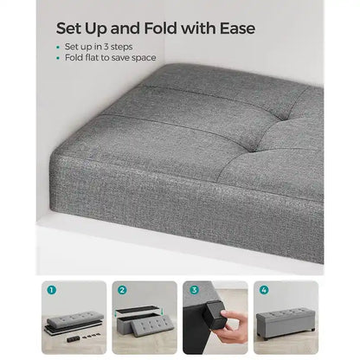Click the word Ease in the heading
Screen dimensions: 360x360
pos(237,29)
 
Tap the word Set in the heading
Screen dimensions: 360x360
pos(68,29)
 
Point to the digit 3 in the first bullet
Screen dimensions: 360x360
pos(106,47)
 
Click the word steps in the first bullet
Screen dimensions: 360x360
pos(121,48)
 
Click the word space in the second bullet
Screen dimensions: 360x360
pos(144,58)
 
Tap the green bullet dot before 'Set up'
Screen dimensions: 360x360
pos(58,48)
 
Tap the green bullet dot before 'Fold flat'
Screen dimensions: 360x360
pos(58,58)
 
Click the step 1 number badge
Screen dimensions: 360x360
pos(51,290)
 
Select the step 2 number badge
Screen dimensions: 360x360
pos(122,290)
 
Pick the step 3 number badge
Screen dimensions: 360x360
pos(194,290)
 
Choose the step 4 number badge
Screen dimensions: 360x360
pos(264,290)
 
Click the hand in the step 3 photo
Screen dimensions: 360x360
pos(232,325)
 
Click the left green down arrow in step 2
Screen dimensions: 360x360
pos(117,312)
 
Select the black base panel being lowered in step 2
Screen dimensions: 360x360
pos(139,311)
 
